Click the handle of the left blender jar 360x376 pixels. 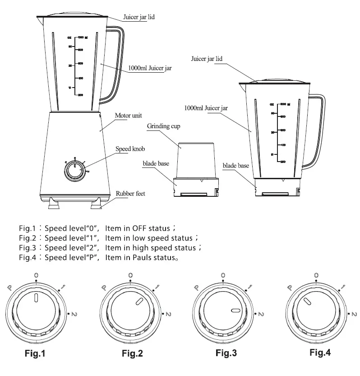[x=116, y=63]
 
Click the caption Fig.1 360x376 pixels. [x=34, y=353]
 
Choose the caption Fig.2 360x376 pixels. [x=132, y=353]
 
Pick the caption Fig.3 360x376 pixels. [x=226, y=353]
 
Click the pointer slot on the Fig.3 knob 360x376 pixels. [x=235, y=311]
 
